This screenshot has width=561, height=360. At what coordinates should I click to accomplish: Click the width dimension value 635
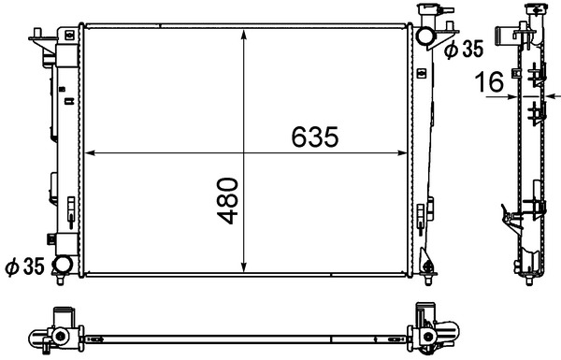pos(313,137)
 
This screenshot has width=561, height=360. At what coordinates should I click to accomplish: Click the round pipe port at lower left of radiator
pos(63,266)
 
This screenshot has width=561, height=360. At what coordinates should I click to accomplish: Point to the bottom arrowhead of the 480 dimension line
pos(245,270)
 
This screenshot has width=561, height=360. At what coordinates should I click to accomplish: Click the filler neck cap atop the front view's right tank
pos(432,13)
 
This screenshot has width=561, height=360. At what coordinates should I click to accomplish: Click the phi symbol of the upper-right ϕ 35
pos(450,50)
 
